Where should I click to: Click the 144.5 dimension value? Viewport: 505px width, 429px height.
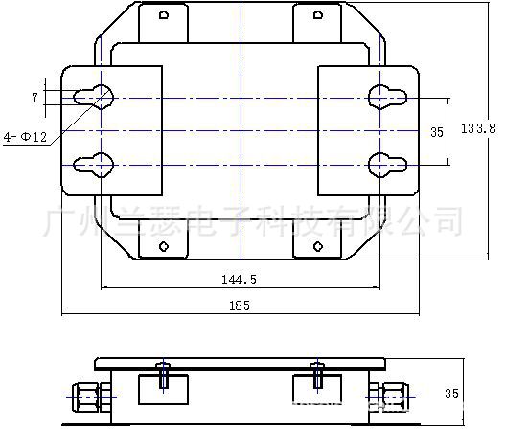pos(241,281)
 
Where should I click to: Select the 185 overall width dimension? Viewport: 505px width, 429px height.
pos(241,306)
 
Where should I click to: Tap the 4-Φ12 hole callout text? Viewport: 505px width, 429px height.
pos(27,137)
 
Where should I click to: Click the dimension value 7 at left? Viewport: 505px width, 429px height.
pos(34,98)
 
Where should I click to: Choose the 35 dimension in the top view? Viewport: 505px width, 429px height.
pos(436,132)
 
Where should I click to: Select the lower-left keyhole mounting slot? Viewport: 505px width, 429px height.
pos(98,164)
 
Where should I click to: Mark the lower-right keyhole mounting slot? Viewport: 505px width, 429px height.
pos(383,164)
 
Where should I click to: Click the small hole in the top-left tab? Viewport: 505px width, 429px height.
pos(164,15)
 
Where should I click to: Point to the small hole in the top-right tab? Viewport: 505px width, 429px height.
pos(318,15)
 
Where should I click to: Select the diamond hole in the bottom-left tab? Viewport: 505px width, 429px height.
pos(164,246)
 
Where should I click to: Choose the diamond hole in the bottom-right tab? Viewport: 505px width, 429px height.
pos(318,246)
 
